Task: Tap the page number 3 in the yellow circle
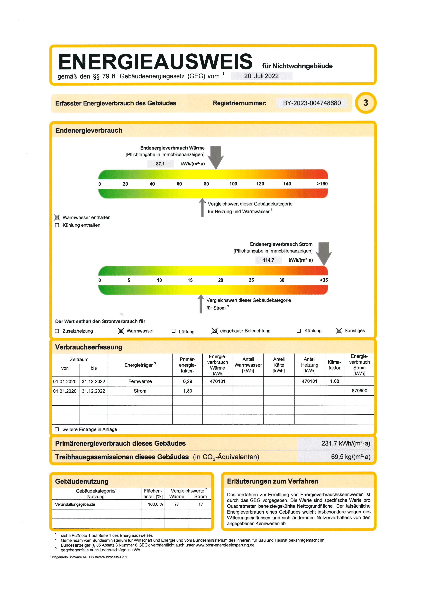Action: [365, 103]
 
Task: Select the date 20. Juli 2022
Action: [261, 76]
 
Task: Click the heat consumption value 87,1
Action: [160, 164]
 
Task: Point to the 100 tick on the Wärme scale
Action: [233, 184]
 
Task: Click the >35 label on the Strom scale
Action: [324, 280]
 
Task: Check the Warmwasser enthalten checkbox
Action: [57, 218]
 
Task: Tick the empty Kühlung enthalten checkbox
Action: [57, 225]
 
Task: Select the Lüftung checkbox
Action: [174, 331]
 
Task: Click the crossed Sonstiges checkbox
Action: [339, 331]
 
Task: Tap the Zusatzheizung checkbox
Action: [57, 331]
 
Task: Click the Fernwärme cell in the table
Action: [140, 381]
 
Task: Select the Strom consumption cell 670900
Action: [359, 391]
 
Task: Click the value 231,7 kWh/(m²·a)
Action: [346, 443]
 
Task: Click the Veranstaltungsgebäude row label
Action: [75, 504]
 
